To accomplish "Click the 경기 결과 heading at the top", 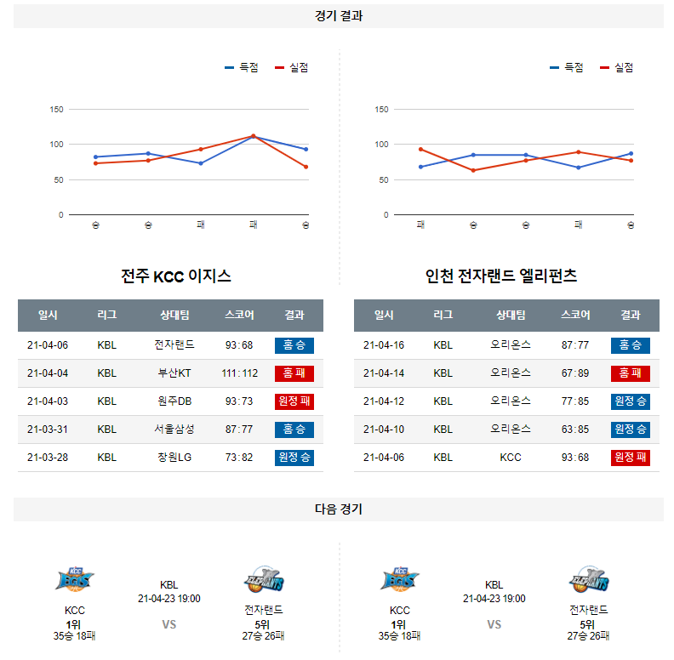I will pos(338,16).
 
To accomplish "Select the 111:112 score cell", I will pos(239,373).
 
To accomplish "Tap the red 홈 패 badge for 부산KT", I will pos(294,373).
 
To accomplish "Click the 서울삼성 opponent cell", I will pos(174,430).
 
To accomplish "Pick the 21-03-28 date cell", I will pos(48,458).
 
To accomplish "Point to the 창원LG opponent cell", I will pos(174,458).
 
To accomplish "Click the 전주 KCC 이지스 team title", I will pos(176,276).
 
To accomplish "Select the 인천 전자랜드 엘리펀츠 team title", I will pos(501,276).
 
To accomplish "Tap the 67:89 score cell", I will pos(575,373).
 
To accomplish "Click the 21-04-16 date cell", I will pos(384,345).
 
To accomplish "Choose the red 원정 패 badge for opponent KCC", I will pos(631,458).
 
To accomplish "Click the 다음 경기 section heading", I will pos(338,509).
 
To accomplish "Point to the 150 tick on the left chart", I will pos(57,110).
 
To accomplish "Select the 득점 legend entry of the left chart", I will pos(242,68).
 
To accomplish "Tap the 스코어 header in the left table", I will pos(239,316).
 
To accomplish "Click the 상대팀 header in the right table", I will pos(511,316).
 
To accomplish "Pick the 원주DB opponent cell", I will pos(174,401).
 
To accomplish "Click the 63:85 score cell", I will pos(575,430).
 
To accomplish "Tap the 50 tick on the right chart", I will pos(383,180).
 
